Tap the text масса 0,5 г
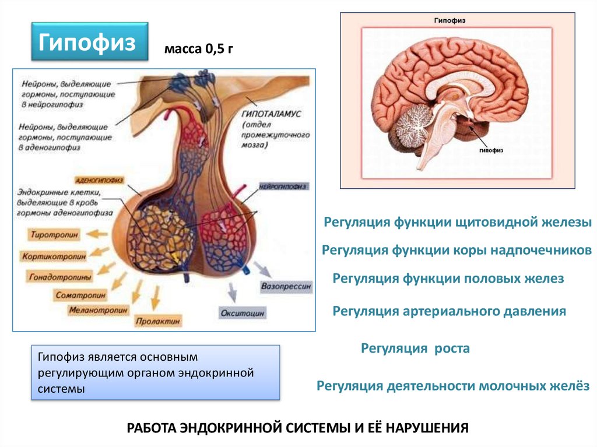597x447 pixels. click(x=198, y=50)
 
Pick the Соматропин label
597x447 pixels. click(x=80, y=295)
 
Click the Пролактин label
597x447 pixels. click(x=158, y=320)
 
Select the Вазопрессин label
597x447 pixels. click(x=286, y=287)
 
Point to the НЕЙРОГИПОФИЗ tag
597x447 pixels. click(x=282, y=186)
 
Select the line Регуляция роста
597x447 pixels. click(x=415, y=349)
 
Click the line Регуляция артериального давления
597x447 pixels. click(x=449, y=311)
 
